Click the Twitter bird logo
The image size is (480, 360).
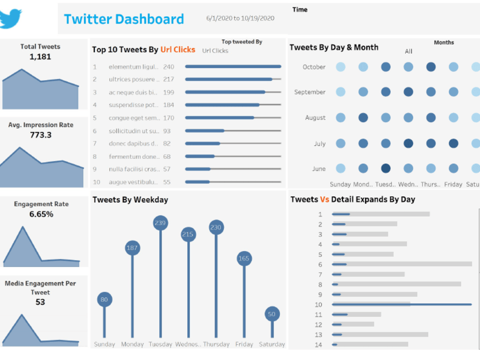[11, 18]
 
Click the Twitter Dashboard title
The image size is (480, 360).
[124, 19]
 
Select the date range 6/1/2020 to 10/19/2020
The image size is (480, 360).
[240, 18]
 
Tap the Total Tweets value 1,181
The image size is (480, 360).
[40, 57]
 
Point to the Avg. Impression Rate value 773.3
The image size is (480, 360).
[41, 135]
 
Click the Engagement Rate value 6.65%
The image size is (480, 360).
[41, 214]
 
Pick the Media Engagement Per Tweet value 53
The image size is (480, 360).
[40, 302]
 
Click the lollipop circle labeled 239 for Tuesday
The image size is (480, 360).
[160, 223]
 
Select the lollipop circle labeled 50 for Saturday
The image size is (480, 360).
[272, 314]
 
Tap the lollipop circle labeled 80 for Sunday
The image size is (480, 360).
[104, 300]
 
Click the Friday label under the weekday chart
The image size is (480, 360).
[244, 344]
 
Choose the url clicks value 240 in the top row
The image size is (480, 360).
[168, 67]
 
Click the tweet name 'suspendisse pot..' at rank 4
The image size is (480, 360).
[133, 105]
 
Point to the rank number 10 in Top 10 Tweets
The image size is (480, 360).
[96, 182]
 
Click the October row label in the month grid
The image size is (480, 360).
[314, 67]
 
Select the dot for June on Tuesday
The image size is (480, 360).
[385, 168]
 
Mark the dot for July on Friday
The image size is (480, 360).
[453, 143]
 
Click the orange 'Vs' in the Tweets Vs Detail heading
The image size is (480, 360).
[324, 199]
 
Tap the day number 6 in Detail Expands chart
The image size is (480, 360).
[320, 264]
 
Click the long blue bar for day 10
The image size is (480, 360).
[401, 304]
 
